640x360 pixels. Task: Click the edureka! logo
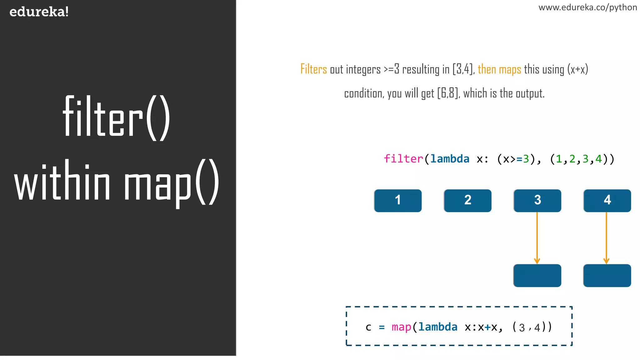(x=39, y=12)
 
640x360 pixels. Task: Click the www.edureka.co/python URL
(x=587, y=7)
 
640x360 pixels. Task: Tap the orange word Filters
(x=313, y=69)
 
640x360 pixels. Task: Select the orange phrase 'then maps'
(x=499, y=69)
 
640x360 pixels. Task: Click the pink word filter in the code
(x=403, y=159)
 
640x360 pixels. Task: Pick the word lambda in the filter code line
(x=450, y=159)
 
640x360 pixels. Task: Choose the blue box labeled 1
(x=398, y=200)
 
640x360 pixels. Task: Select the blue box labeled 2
(x=467, y=200)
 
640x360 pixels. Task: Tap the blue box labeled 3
(x=537, y=200)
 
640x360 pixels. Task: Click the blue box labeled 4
(x=607, y=200)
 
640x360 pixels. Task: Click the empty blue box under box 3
(x=537, y=275)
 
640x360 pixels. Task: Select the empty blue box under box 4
(x=607, y=275)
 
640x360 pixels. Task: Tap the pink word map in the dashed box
(x=401, y=327)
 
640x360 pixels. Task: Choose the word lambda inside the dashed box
(x=438, y=327)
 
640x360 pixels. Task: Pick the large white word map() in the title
(x=171, y=183)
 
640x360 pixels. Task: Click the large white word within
(x=62, y=181)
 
